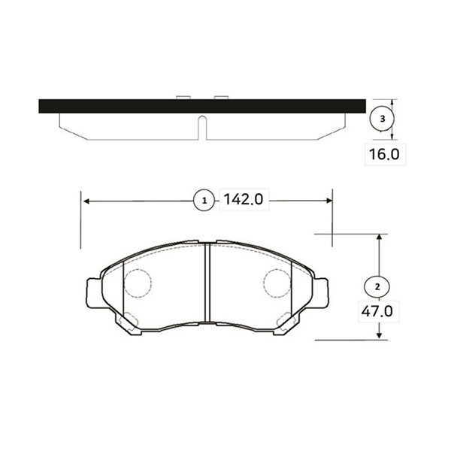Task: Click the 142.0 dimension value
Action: [x=244, y=199]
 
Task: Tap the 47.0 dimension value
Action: [x=377, y=311]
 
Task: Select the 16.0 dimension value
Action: [x=384, y=154]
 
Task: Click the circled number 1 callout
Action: [x=204, y=201]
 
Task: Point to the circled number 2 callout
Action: [x=377, y=287]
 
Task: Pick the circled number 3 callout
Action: [x=382, y=119]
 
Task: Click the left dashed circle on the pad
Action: [x=138, y=283]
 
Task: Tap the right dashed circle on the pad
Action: [x=277, y=283]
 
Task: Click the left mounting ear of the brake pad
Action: [x=94, y=292]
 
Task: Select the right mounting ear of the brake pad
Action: [x=320, y=292]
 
